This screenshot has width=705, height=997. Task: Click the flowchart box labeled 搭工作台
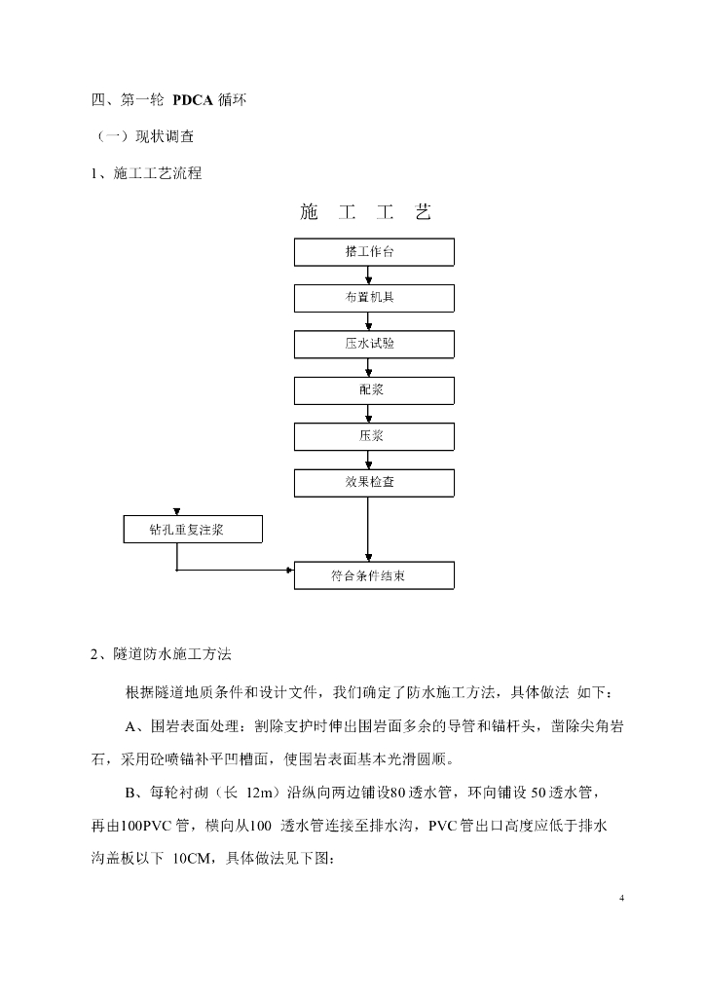tap(375, 252)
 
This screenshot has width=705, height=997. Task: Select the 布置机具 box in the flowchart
tap(375, 298)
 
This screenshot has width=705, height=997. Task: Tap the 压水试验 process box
tap(375, 344)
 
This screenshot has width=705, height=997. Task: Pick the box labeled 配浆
tap(375, 389)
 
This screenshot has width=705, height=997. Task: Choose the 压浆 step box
tap(375, 435)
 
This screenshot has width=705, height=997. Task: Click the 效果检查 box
tap(375, 482)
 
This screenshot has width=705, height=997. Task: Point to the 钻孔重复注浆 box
tap(193, 531)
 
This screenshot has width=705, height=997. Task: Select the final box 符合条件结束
tap(375, 575)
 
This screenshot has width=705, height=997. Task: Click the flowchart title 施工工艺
tap(365, 212)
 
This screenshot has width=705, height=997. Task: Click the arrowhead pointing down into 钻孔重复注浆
tap(176, 512)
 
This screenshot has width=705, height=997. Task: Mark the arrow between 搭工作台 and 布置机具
tap(367, 276)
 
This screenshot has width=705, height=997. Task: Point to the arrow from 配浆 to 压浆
tap(367, 413)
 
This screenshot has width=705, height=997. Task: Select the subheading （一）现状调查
tap(144, 136)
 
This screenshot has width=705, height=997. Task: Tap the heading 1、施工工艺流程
tap(146, 173)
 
